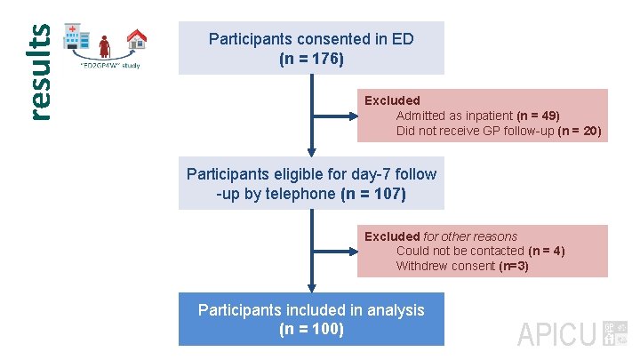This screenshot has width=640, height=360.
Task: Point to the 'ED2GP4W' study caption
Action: (x=110, y=65)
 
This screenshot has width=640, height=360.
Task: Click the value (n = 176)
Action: (x=311, y=59)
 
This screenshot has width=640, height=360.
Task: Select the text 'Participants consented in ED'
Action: (x=311, y=39)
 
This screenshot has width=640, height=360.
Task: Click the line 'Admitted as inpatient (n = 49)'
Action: (x=477, y=116)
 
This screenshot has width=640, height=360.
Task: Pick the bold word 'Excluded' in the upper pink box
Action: (x=392, y=100)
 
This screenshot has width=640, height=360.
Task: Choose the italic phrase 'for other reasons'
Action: (x=470, y=236)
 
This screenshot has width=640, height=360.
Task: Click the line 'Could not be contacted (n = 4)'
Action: (x=480, y=251)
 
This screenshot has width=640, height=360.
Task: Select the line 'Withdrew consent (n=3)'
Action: (x=462, y=266)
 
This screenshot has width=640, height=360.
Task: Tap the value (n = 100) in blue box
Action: (x=311, y=329)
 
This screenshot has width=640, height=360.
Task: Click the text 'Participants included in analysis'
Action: (x=311, y=309)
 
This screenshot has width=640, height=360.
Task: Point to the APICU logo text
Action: (x=556, y=335)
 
